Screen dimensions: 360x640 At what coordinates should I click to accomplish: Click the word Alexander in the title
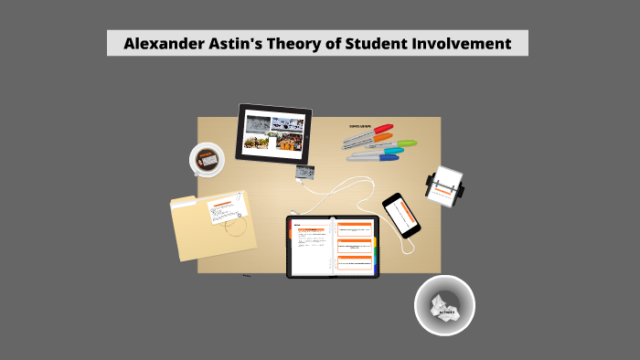[x=159, y=44]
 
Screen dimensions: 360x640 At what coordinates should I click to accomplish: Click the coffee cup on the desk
[x=207, y=160]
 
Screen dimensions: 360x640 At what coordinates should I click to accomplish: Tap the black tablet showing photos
[x=274, y=133]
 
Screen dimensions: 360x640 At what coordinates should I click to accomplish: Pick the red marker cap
[x=385, y=129]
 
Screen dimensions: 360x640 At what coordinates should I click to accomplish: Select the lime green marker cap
[x=406, y=143]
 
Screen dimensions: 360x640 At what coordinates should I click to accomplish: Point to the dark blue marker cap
[x=388, y=158]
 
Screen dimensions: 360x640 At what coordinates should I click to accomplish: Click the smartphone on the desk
[x=401, y=215]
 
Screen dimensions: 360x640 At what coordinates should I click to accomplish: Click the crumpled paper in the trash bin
[x=444, y=305]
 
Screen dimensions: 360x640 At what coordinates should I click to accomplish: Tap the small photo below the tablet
[x=304, y=171]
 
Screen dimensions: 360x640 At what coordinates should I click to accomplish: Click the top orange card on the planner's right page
[x=355, y=228]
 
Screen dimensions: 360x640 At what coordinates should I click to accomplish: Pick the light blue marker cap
[x=395, y=151]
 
